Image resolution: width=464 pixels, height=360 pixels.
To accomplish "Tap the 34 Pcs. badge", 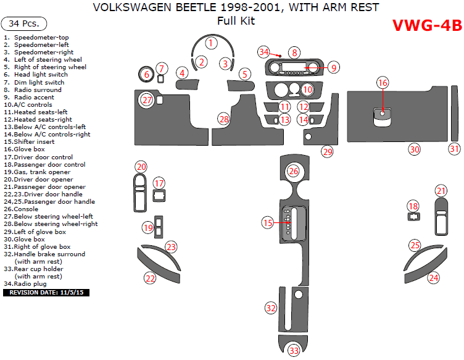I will coord(25,24).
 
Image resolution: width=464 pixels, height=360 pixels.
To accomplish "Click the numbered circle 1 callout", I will coord(211,43).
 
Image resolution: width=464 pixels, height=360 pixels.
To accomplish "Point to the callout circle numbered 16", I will coord(383,83).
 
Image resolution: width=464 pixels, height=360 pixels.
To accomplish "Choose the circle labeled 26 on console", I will coord(294,170).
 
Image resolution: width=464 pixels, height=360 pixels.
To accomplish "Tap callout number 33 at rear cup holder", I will coord(294,351).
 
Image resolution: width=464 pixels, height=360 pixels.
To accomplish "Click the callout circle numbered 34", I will coord(264,52).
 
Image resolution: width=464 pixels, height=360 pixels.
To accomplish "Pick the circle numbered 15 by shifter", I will coord(267,222).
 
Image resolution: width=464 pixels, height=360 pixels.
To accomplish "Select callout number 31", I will coord(454,149).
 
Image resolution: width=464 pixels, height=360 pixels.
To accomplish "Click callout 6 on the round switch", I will coord(146,75).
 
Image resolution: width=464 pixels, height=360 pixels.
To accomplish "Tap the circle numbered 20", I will coord(141,167).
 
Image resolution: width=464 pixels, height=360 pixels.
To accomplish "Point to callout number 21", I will coord(441,191).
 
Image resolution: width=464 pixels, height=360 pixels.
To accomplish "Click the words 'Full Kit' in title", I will coord(236,21).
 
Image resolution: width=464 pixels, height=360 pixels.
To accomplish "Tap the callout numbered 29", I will coord(327,151).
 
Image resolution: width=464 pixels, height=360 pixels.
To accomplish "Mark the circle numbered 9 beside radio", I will coord(333,67).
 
